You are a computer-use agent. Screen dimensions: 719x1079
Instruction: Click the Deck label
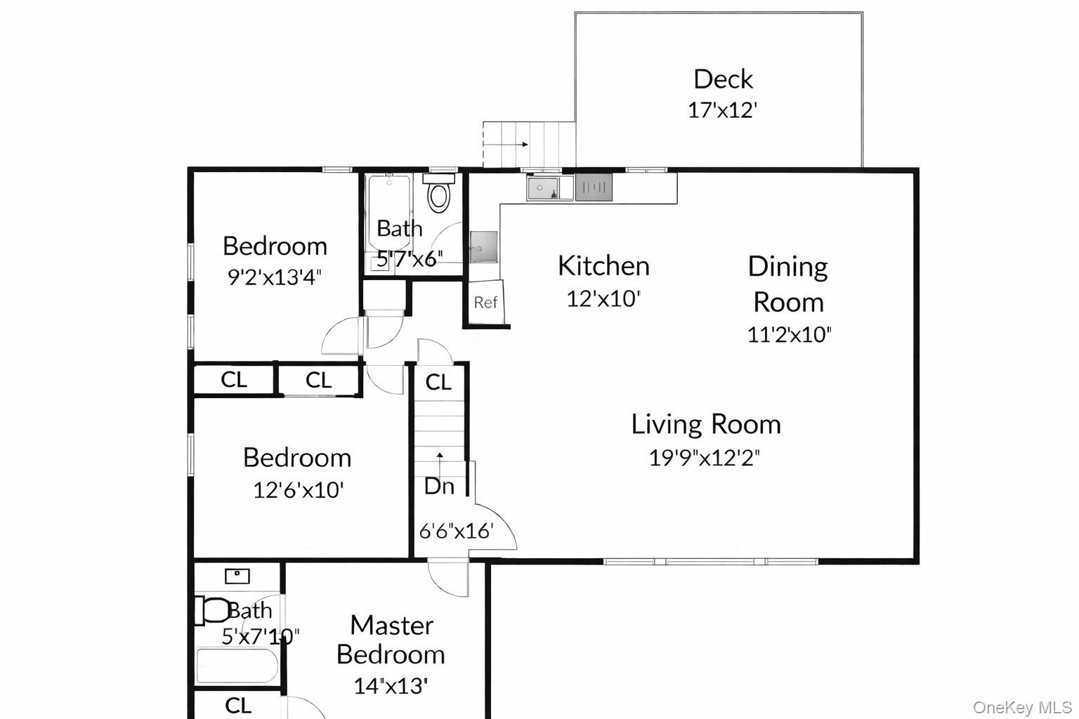pos(723,79)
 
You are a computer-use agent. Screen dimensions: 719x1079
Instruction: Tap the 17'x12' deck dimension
pos(722,110)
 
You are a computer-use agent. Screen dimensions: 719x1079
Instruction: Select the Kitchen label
pos(603,265)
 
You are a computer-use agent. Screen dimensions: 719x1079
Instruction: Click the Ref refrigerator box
pos(485,302)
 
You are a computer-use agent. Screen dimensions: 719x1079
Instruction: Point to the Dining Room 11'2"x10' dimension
pos(789,334)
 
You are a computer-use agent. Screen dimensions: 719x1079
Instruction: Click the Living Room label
pos(705,424)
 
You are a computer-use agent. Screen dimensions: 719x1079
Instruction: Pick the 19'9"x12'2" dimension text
pos(704,458)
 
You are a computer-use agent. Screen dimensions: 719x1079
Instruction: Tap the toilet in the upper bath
pos(439,196)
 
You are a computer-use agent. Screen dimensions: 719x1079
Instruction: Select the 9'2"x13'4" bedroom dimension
pos(274,277)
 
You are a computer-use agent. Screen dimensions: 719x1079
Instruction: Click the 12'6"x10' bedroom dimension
pos(298,489)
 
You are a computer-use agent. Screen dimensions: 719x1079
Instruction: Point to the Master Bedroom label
pos(391,639)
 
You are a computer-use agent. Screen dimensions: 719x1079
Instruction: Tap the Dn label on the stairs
pos(439,486)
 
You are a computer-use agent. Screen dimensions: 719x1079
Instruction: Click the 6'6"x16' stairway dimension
pos(457,531)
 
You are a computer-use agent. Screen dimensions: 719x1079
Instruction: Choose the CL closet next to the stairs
pos(438,382)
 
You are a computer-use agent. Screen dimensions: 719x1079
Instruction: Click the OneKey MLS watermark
pos(1022,707)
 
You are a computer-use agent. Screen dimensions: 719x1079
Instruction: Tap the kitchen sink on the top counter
pos(543,187)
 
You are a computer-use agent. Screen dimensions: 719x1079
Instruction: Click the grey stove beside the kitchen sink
pos(594,187)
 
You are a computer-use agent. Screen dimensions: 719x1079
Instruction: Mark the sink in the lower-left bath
pos(237,576)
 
